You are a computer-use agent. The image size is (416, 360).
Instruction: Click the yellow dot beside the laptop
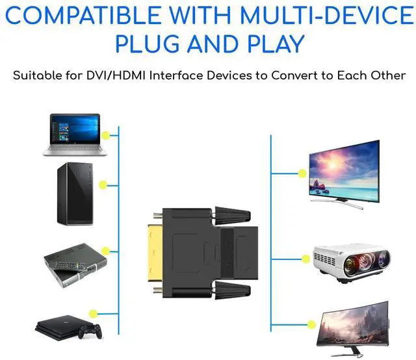106,135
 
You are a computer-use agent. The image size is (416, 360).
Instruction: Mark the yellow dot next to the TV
301,174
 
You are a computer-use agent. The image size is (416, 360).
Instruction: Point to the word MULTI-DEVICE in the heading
324,15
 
